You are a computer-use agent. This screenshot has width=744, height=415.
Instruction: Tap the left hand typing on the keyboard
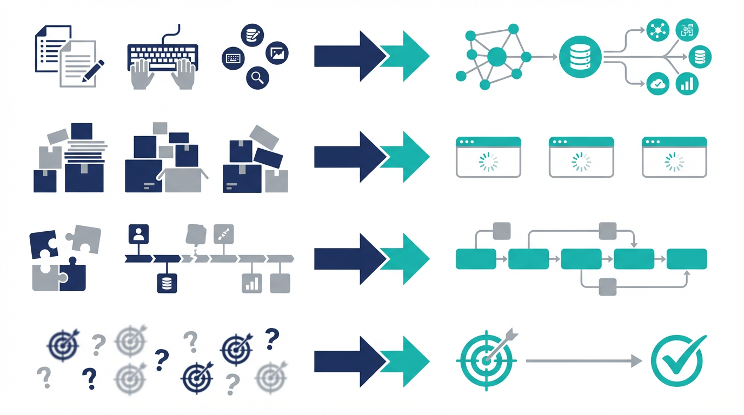[140, 73]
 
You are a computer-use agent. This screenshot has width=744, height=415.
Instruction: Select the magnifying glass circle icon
[257, 78]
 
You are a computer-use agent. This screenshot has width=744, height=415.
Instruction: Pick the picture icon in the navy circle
[278, 53]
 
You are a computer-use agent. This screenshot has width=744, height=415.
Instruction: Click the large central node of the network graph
[497, 56]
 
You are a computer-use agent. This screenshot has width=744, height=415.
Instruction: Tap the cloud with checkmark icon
[657, 84]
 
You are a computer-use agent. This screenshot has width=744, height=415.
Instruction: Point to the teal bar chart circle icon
[688, 84]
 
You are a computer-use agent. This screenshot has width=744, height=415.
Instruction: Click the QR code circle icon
[687, 31]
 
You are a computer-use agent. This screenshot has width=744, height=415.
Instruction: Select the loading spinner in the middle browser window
[581, 162]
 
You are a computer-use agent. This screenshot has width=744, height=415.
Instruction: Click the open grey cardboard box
[182, 179]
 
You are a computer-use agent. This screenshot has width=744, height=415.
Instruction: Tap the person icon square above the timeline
[138, 234]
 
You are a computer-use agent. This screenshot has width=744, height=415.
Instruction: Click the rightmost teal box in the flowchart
[687, 259]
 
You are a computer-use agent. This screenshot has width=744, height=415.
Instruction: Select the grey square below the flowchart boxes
[608, 286]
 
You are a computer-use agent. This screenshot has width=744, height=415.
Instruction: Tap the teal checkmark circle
[677, 360]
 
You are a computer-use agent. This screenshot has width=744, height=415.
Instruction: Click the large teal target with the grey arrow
[486, 359]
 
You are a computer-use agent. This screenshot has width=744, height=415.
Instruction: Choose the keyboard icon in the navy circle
[234, 57]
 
